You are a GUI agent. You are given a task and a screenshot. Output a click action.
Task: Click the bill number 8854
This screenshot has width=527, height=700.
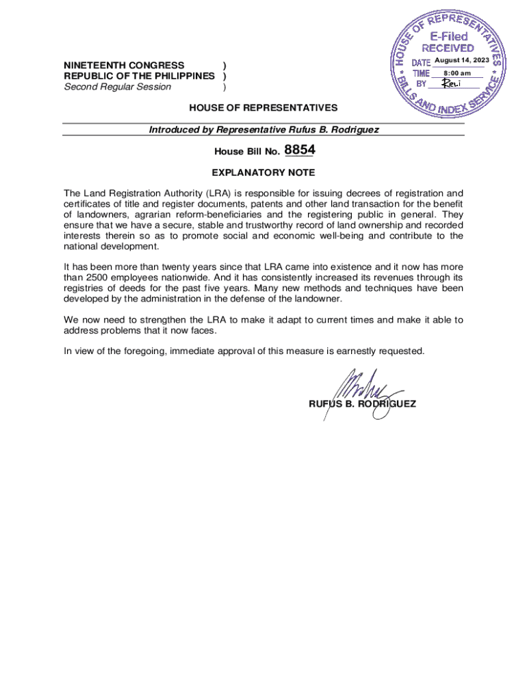point(299,151)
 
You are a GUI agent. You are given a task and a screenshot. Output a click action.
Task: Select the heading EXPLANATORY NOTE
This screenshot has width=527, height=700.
point(263,173)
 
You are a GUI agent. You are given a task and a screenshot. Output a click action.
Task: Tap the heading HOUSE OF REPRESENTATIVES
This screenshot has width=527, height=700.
point(263,108)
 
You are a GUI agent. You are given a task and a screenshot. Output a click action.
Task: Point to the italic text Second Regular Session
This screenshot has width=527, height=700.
point(118,87)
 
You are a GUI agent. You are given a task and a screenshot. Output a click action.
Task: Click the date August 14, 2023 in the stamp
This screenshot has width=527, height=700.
point(462,62)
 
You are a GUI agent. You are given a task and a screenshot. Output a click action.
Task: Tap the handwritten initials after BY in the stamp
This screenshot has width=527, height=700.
point(452,83)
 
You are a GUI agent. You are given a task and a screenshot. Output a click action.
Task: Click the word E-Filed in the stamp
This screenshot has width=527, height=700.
point(448,36)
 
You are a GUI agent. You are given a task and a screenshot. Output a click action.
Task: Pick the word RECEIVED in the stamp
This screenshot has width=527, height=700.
point(448,48)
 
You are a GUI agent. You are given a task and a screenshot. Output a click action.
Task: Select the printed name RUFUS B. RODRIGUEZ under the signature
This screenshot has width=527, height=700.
point(362,404)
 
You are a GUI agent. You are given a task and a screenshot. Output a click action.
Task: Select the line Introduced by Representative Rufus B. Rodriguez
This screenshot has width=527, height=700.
point(263,129)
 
